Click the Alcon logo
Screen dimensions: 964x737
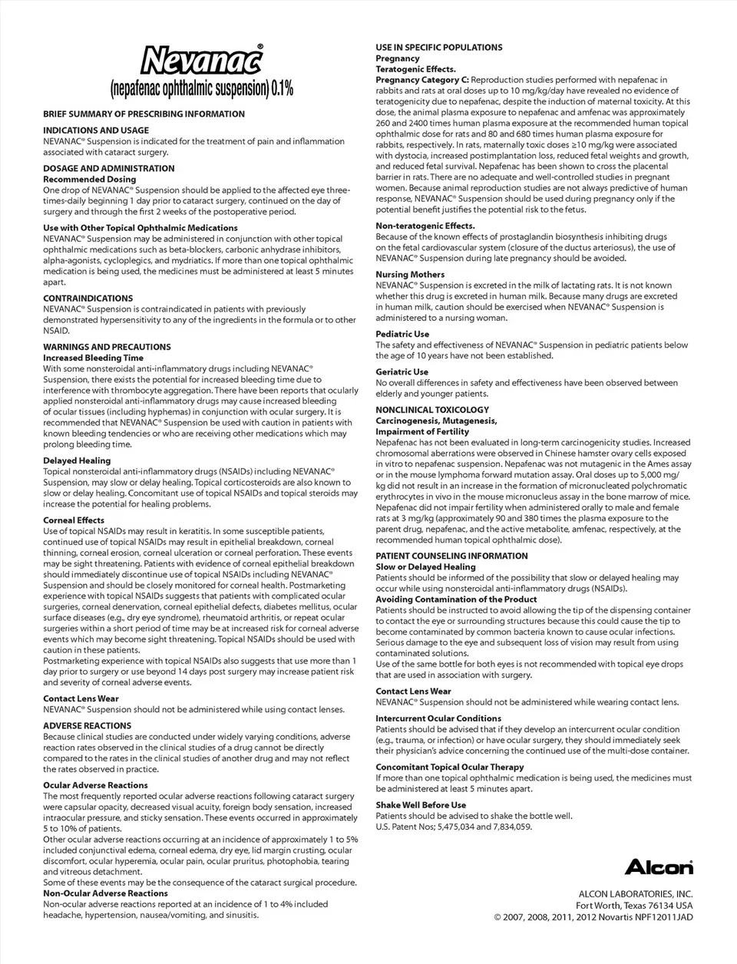pos(658,867)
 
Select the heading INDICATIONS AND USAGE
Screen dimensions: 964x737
pos(96,130)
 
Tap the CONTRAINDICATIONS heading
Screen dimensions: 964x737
pos(88,299)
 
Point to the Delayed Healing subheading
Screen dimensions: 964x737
pos(77,461)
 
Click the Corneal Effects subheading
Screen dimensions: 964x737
pos(74,520)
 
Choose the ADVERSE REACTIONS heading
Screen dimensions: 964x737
pos(87,725)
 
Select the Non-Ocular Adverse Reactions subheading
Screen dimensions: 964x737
pos(105,893)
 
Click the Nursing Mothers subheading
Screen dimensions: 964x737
pos(410,274)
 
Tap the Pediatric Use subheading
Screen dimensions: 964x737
pos(402,334)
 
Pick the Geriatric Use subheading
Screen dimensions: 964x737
pos(402,371)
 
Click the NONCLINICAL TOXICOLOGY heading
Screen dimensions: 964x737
pos(432,410)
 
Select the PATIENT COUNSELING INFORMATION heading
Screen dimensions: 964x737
pos(451,556)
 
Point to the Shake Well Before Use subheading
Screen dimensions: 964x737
pos(421,805)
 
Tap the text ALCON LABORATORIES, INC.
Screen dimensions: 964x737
pos(635,893)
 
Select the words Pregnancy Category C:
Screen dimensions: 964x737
pos(421,80)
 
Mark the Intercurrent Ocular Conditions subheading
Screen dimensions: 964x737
pos(438,718)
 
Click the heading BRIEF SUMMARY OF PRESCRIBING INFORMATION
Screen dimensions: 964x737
pos(144,114)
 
